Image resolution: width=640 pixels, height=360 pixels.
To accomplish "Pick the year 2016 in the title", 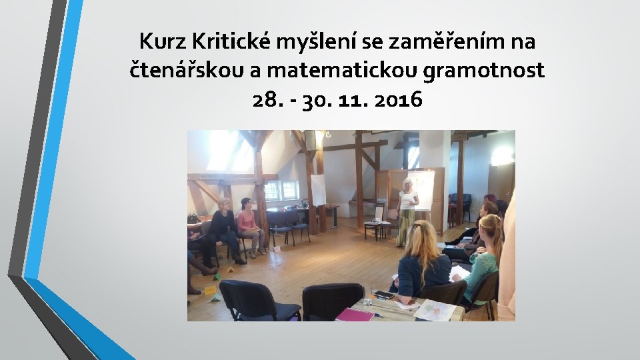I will (398, 99).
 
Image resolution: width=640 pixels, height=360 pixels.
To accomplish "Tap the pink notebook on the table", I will (354, 314).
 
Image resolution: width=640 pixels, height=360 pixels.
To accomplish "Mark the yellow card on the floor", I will (209, 290).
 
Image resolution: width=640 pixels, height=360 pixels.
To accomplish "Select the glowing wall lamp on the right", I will (502, 155).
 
